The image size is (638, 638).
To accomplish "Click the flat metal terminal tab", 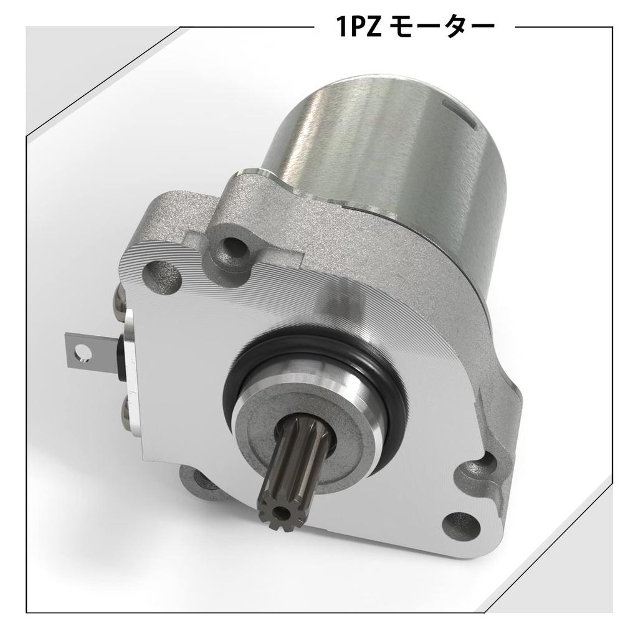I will point(87,350).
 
